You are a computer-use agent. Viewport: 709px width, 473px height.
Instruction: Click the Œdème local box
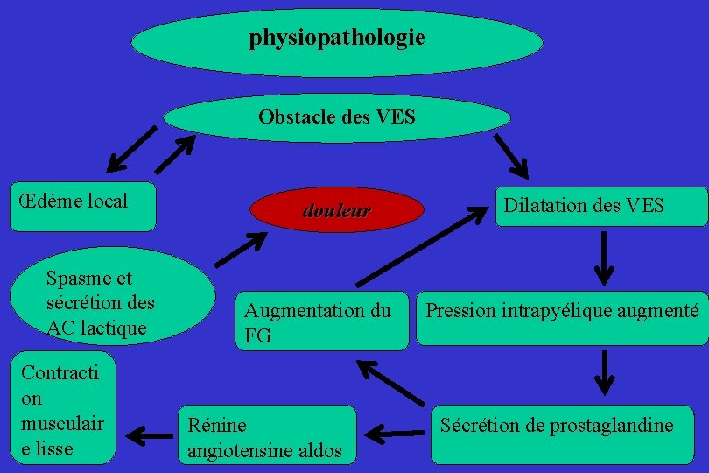click(x=83, y=206)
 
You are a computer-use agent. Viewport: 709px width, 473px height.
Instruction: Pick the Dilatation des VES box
click(x=601, y=207)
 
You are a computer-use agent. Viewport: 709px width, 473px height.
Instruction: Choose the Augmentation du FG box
click(x=322, y=321)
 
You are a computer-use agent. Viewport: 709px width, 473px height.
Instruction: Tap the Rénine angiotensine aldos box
click(x=268, y=434)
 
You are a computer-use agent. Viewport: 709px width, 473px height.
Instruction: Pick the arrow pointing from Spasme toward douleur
click(x=241, y=249)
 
